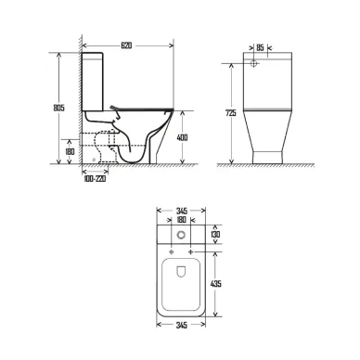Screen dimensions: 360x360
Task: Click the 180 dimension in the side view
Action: click(70, 151)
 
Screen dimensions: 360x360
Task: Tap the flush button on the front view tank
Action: click(257, 65)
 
